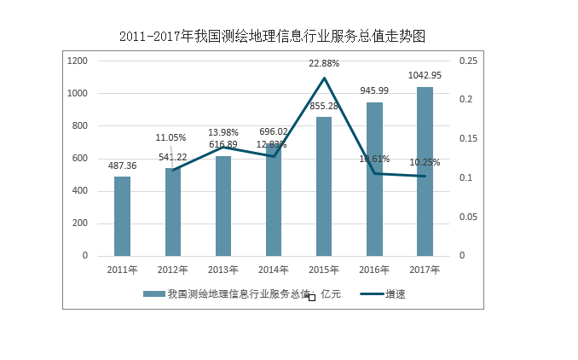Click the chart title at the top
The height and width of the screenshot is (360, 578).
[272, 37]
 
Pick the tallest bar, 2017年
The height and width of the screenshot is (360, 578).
[425, 171]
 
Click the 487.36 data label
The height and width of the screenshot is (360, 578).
[123, 166]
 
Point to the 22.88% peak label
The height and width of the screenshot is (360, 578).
[324, 63]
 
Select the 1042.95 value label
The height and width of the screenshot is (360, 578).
[425, 76]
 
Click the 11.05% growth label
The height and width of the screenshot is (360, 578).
[171, 137]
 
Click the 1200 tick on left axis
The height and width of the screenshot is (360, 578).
[78, 61]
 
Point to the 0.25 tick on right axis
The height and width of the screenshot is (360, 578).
[467, 61]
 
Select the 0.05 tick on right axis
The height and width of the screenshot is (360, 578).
[467, 218]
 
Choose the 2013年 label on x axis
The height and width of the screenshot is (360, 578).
[223, 270]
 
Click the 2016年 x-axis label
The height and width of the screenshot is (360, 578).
[374, 270]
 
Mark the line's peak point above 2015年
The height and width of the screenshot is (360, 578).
[324, 78]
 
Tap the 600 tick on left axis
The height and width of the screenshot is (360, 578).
[78, 159]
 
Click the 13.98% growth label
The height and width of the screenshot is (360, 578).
[223, 132]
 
